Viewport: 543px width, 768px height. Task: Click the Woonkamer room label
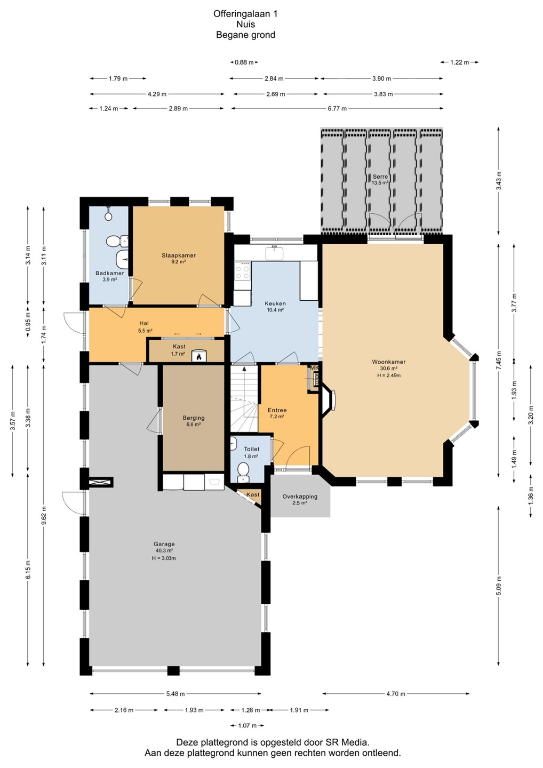pos(389,362)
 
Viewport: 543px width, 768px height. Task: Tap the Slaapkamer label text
pos(179,255)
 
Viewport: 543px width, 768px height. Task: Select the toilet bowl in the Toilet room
pos(243,468)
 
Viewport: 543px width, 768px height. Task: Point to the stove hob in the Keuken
pos(242,271)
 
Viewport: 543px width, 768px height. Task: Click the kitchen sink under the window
pos(274,254)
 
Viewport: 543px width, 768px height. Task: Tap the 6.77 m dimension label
pos(337,109)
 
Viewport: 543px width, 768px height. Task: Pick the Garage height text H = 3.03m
pos(164,558)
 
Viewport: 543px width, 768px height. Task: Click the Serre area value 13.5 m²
pos(380,183)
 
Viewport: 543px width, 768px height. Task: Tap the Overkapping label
pos(300,497)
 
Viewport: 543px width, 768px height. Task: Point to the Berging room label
pos(194,418)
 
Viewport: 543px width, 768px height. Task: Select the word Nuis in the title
pos(245,25)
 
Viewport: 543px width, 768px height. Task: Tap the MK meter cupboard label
pos(315,368)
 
